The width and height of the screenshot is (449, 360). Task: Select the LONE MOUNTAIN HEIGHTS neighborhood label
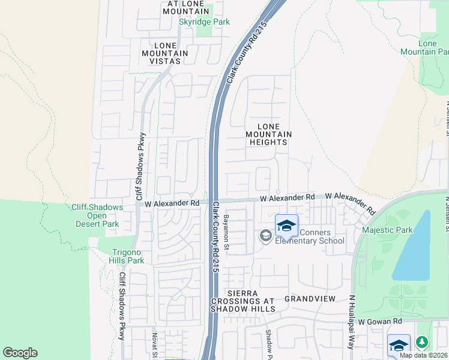click(268, 134)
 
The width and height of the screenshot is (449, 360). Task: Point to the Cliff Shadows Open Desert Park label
click(97, 215)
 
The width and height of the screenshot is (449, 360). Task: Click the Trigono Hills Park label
click(127, 256)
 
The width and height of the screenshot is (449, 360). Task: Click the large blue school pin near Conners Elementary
click(286, 226)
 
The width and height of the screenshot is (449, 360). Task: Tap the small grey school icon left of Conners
click(265, 236)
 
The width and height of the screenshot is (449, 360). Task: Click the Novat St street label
click(154, 344)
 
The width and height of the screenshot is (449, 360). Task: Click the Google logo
click(20, 353)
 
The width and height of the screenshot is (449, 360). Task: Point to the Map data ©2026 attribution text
click(423, 355)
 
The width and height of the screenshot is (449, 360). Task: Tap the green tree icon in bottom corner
click(422, 342)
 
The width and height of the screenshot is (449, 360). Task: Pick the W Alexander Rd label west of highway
click(172, 203)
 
